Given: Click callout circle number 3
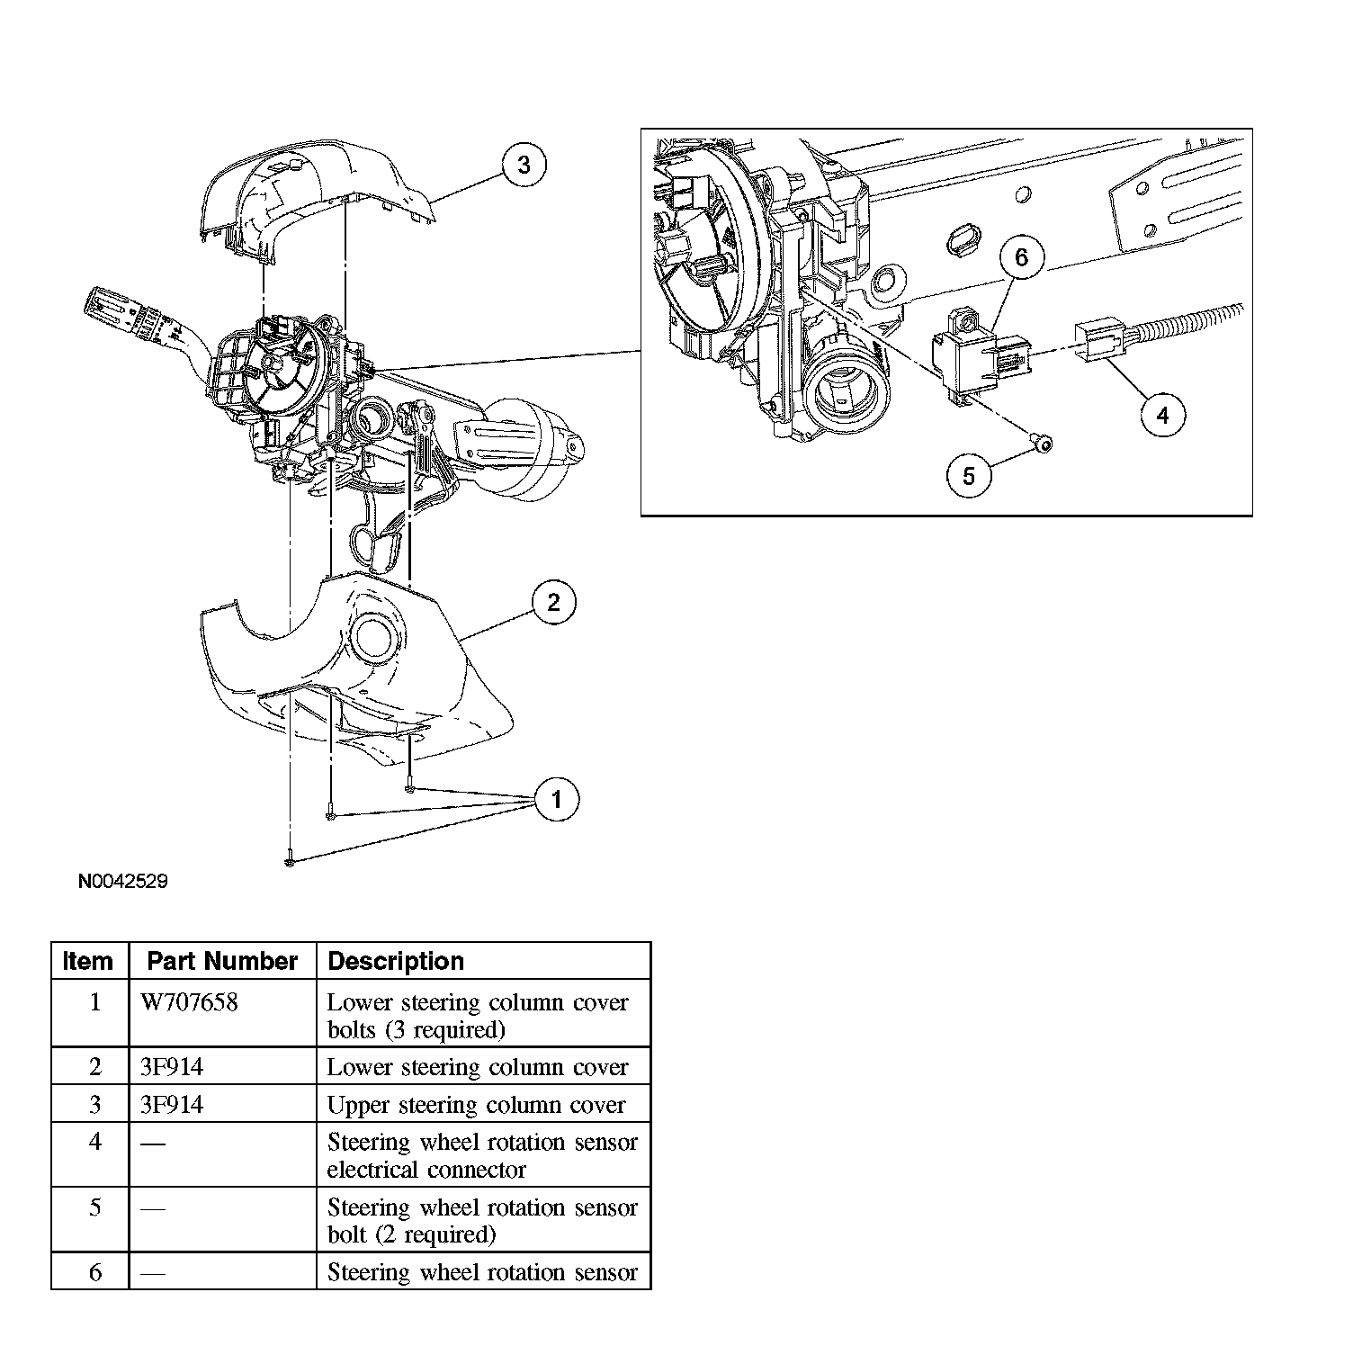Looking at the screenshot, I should pos(524,165).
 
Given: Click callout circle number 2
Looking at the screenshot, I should pos(553,602).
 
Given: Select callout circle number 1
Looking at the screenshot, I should pos(556,799).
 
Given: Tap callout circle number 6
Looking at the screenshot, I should pos(1021,257).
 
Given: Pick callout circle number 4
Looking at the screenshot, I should pos(1162,415).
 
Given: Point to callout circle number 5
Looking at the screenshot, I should pos(969,475).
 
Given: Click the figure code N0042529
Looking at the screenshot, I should pos(122,881).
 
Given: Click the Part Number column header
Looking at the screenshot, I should pos(222,961).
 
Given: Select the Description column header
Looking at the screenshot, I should pos(396,961).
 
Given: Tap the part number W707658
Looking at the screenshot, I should pos(190,1002).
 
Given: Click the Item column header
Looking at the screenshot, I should pos(89,961).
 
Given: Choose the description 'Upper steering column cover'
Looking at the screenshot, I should pos(476,1104).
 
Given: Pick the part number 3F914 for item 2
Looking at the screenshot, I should pos(172,1067).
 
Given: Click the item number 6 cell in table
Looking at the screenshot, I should pos(94,1272).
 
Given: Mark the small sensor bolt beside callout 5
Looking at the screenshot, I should pos(1043,444).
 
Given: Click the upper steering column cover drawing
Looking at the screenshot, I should pos(315,193).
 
